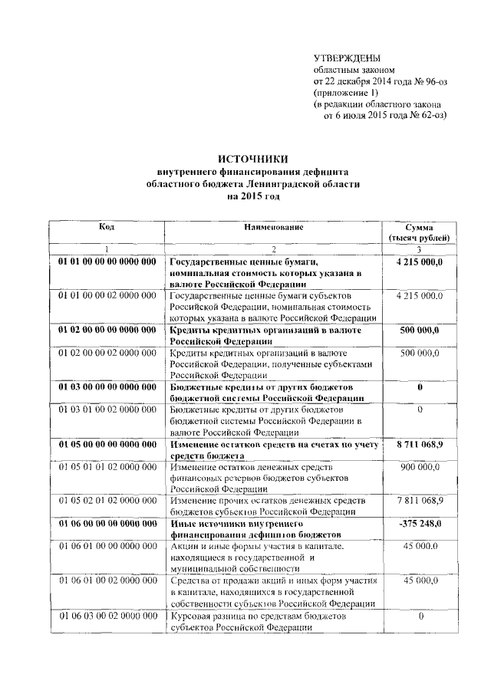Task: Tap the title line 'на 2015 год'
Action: click(252, 196)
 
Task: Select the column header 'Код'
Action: click(107, 228)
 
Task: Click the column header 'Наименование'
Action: click(274, 228)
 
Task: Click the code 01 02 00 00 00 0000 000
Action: click(107, 330)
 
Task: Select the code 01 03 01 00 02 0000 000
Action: click(107, 409)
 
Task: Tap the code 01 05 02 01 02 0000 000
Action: click(107, 500)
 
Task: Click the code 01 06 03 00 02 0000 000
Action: click(107, 616)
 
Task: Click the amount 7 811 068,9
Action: click(420, 500)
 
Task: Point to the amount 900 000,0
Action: click(420, 467)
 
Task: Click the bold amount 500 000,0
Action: click(420, 330)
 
